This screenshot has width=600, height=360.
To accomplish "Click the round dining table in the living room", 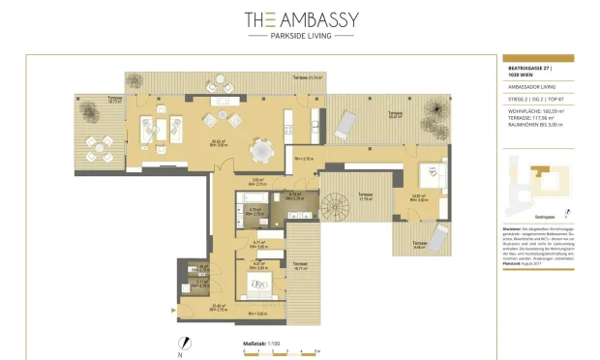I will point(262,150).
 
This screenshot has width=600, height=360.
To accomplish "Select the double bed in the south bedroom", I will point(259,284).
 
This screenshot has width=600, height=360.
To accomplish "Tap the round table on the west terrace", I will point(97,146).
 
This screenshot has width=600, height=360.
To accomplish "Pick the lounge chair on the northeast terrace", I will point(345,122).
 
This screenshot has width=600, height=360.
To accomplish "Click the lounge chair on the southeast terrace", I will point(436,235).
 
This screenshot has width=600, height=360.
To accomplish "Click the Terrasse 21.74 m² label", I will point(309,75).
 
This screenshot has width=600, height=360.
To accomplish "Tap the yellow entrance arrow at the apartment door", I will point(175,308).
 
